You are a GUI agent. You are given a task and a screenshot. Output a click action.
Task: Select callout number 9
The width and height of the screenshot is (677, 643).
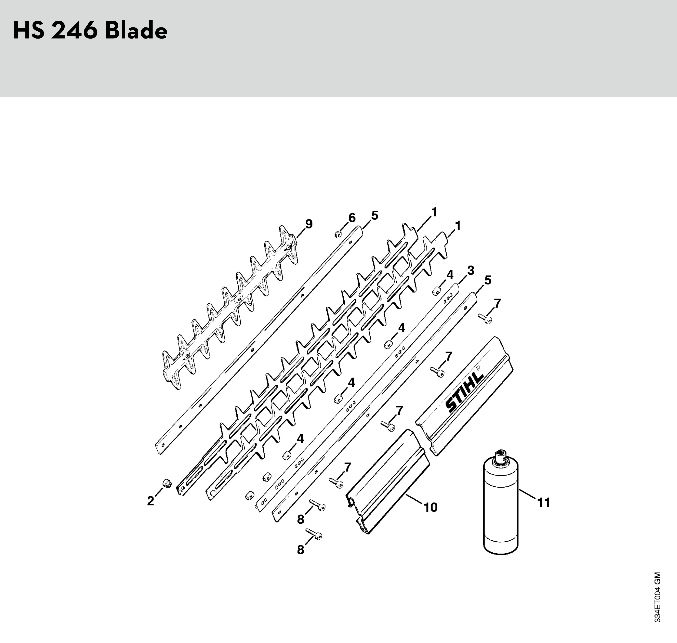point(309,224)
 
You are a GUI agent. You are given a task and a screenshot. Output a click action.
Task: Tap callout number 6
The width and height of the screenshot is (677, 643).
point(352,218)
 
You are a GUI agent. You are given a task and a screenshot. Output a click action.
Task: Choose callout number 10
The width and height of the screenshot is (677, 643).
point(431,507)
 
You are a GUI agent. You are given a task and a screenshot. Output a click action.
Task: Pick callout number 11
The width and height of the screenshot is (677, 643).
point(544,502)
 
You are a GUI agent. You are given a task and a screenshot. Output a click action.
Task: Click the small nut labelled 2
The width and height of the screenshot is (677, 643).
point(167,483)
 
